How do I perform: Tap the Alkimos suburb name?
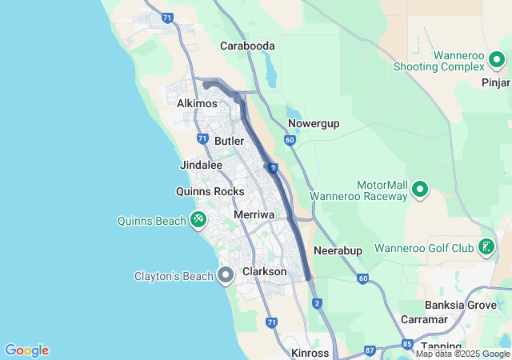198,104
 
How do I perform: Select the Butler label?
230,141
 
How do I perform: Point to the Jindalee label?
202,165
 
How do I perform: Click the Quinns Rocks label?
210,191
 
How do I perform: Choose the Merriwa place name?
254,215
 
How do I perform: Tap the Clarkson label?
264,272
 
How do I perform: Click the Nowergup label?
314,123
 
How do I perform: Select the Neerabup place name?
338,250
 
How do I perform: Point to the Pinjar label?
496,82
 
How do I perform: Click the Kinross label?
310,353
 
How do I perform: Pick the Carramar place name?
426,319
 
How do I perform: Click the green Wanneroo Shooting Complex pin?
497,59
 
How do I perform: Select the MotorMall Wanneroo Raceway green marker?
420,190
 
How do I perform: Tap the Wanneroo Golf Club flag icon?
486,247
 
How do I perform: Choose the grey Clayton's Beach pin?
226,276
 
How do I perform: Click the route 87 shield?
370,350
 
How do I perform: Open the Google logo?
27,350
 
